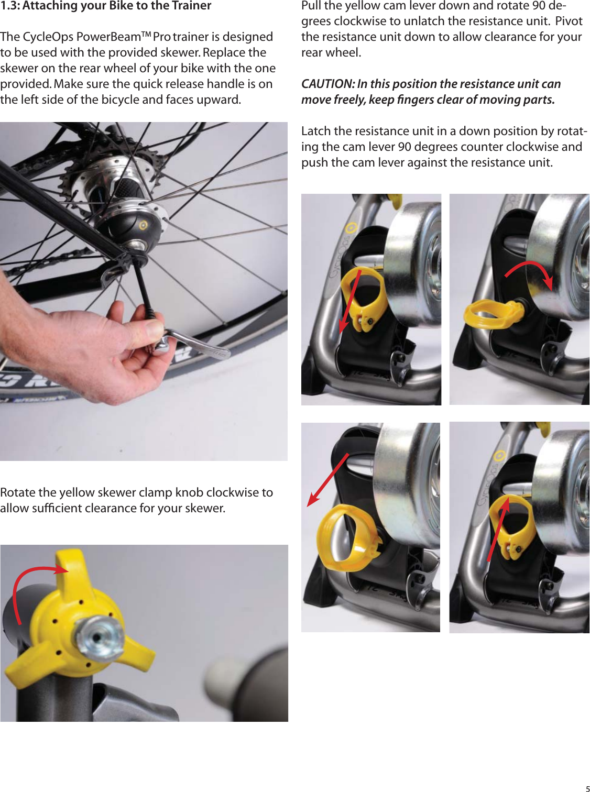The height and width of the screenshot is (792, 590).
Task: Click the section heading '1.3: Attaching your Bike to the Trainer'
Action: point(106,6)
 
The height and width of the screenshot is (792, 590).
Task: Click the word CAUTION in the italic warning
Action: point(327,84)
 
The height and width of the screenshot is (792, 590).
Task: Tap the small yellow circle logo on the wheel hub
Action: point(144,225)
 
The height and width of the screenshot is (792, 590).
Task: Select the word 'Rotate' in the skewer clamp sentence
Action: point(18,493)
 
